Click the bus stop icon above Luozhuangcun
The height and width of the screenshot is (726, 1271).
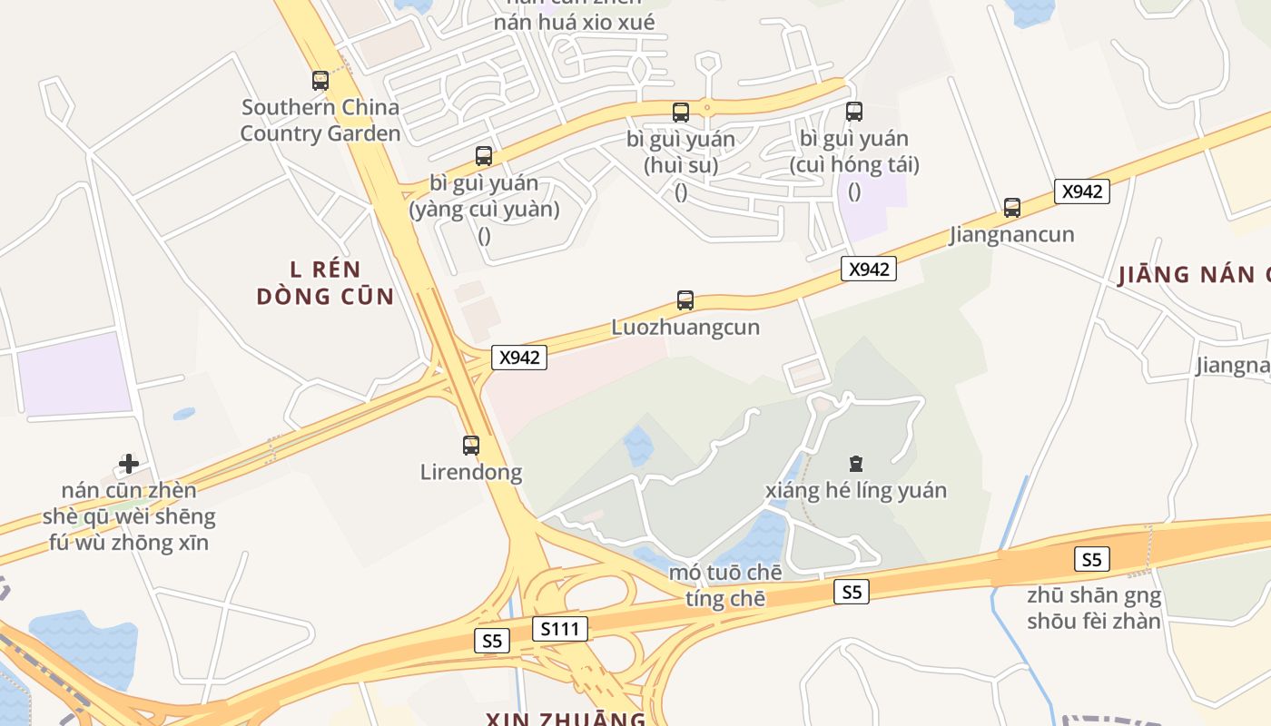pos(685,300)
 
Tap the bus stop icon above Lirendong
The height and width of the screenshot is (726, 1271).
pos(470,446)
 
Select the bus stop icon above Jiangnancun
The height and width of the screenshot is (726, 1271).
pos(1012,208)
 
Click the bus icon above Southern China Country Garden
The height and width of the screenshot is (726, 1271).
pos(320,81)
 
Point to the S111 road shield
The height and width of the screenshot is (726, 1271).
pos(559,629)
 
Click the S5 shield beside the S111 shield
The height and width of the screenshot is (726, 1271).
pos(491,641)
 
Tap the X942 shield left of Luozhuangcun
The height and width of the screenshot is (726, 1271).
pos(519,358)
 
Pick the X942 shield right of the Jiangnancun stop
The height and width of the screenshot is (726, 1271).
pos(1082,191)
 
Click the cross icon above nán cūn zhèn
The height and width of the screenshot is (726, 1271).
pos(129,464)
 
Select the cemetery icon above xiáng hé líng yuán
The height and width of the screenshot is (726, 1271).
pos(855,464)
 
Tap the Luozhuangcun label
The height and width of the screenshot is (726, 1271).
pos(685,327)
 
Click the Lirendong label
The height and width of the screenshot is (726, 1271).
pos(470,472)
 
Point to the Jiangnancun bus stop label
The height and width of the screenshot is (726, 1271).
pos(1011,234)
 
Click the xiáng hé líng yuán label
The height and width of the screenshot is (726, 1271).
pos(855,491)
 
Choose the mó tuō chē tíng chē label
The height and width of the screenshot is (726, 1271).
pos(724,585)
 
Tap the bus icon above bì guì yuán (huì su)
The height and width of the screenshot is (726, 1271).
pos(681,113)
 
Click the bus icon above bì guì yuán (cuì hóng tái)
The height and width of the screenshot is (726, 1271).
pos(854,112)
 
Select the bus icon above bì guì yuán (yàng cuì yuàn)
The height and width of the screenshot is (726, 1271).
pos(484,156)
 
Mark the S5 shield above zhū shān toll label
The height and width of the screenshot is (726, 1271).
pos(1091,560)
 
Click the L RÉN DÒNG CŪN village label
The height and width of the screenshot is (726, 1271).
pos(325,283)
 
